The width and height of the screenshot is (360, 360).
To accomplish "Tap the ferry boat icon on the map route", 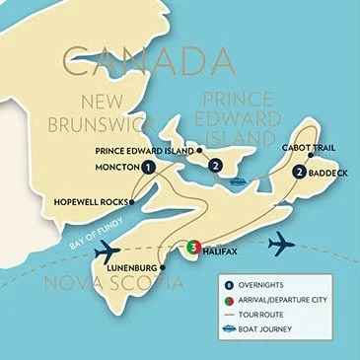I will coord(239,182).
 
